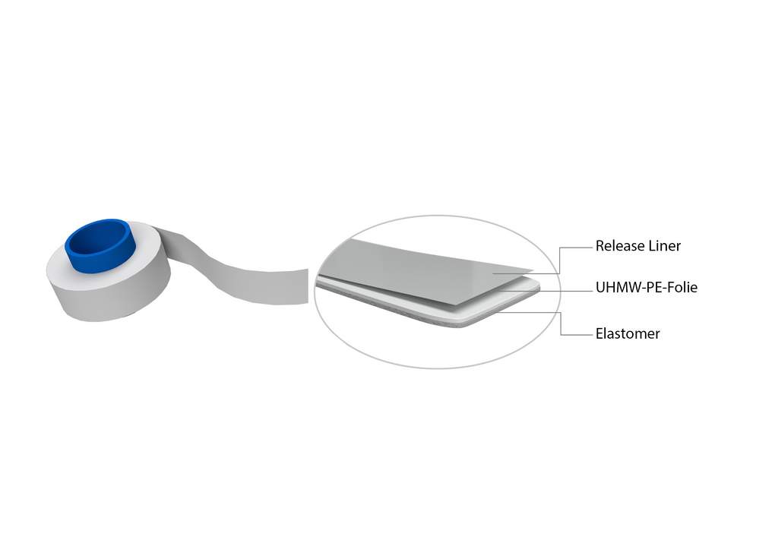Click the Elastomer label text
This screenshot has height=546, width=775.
[627, 333]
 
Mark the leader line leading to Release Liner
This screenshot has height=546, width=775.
[559, 260]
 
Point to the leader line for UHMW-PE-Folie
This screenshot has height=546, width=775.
[546, 291]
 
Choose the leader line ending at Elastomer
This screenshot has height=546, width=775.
[561, 323]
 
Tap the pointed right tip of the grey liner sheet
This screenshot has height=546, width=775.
[533, 271]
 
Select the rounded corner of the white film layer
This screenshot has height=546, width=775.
[536, 286]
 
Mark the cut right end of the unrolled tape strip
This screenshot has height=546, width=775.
[308, 286]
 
